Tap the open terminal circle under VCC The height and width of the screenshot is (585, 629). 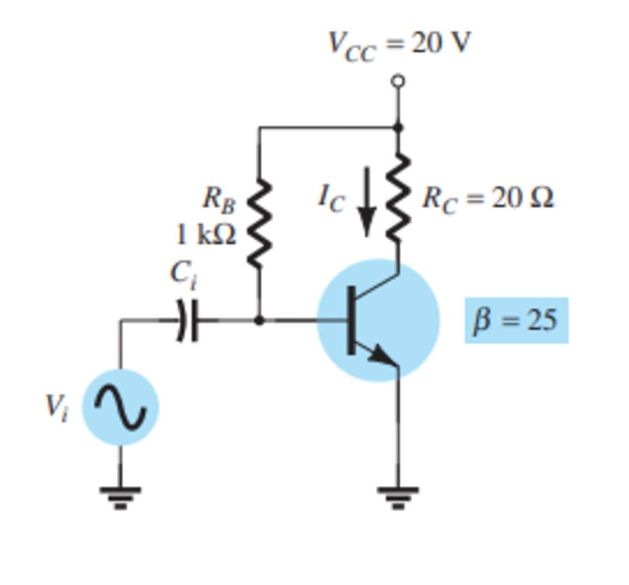(x=398, y=81)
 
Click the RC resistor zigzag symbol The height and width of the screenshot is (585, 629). (x=398, y=198)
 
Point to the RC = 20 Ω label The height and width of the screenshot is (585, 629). (x=488, y=199)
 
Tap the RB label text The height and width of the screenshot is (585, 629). (x=219, y=199)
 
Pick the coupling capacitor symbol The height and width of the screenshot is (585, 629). (x=187, y=320)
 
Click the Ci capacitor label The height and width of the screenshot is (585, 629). (x=184, y=274)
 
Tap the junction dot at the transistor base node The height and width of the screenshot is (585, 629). (x=259, y=320)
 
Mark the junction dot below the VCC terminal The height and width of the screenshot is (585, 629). (x=398, y=126)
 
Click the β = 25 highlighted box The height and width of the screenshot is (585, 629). (x=516, y=320)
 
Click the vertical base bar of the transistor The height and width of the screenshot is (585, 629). (x=350, y=320)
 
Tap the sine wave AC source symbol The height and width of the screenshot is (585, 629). (x=120, y=407)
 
